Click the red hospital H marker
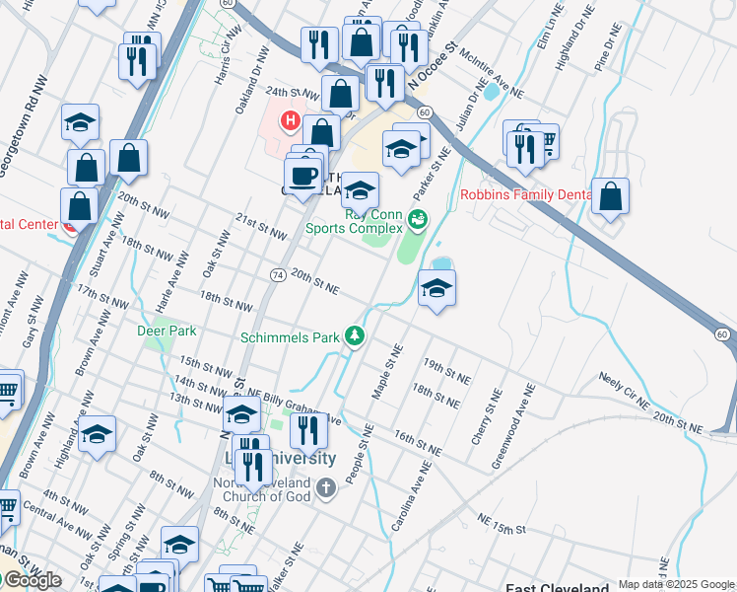[291, 121]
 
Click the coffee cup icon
[302, 176]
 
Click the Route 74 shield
[278, 273]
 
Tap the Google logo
[32, 580]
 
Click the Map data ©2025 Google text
[676, 585]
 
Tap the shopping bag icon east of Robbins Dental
[611, 196]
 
